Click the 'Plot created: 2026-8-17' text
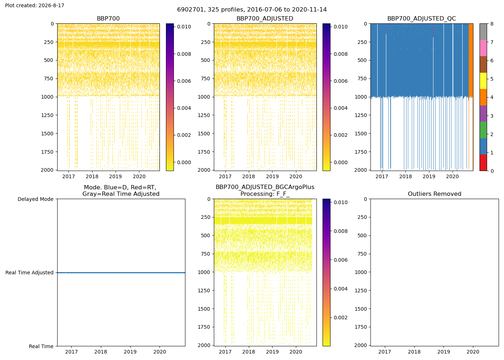pyautogui.click(x=35, y=5)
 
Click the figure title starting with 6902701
pyautogui.click(x=252, y=10)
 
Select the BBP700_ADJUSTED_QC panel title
pyautogui.click(x=422, y=18)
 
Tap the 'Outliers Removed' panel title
pyautogui.click(x=435, y=194)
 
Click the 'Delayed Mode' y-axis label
pyautogui.click(x=36, y=199)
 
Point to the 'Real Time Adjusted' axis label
pyautogui.click(x=30, y=273)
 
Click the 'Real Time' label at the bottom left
pyautogui.click(x=41, y=346)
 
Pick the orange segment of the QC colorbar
pyautogui.click(x=483, y=97)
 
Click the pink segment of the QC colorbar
pyautogui.click(x=483, y=48)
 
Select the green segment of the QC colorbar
pyautogui.click(x=483, y=130)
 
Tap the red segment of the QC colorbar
pyautogui.click(x=483, y=163)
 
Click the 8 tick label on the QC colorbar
pyautogui.click(x=492, y=24)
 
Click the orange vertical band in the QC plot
pyautogui.click(x=471, y=60)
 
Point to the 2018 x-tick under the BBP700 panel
pyautogui.click(x=92, y=177)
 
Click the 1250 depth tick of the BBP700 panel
pyautogui.click(x=47, y=115)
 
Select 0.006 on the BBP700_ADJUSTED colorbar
pyautogui.click(x=341, y=81)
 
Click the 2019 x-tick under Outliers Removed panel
pyautogui.click(x=444, y=352)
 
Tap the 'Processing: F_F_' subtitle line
pyautogui.click(x=265, y=194)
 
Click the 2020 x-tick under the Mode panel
pyautogui.click(x=160, y=352)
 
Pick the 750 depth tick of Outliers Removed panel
pyautogui.click(x=362, y=254)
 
